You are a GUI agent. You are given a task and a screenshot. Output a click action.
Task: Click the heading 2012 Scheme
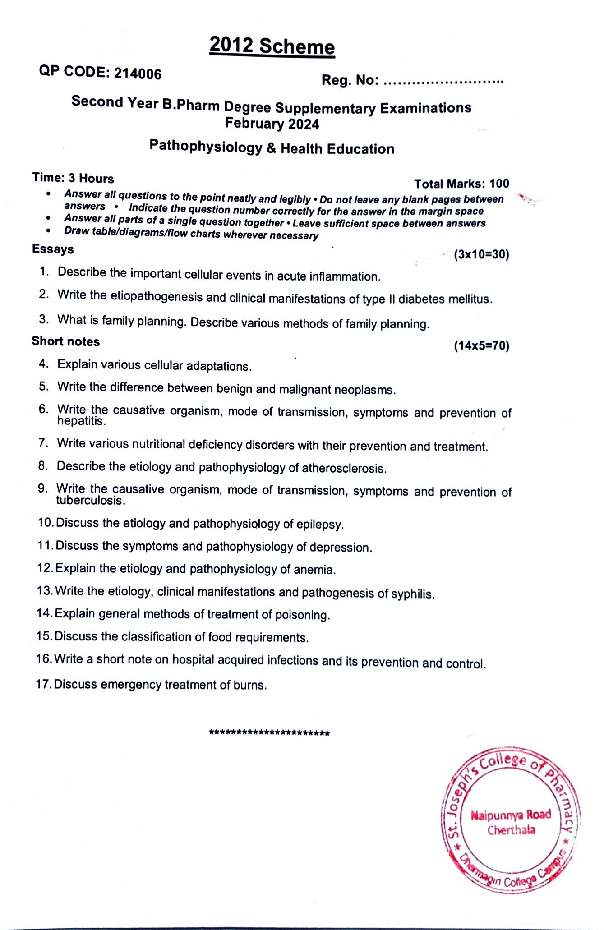point(272,46)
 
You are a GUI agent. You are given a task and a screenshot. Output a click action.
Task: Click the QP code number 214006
point(138,74)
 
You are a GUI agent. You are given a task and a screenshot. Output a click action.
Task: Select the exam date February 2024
point(272,124)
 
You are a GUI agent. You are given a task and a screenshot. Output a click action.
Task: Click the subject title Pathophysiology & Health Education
point(272,147)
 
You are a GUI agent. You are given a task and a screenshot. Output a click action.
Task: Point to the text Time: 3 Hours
point(73,178)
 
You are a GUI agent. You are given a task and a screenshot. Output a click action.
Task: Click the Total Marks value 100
point(499,184)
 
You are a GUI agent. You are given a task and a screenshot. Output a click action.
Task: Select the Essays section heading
point(53,249)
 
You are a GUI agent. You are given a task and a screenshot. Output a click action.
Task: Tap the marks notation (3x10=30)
point(481,254)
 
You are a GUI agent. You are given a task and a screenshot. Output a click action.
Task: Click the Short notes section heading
point(65,341)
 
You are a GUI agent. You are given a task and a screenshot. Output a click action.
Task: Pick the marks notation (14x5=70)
point(481,346)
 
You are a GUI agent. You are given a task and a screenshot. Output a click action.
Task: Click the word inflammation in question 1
point(345,276)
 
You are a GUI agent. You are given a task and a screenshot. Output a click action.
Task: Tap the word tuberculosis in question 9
point(91,501)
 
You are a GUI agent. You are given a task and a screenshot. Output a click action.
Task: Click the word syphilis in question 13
point(413,594)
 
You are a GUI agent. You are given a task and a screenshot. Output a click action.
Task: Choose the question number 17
point(44,684)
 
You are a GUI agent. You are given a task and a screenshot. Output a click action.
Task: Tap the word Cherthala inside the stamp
point(511,830)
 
